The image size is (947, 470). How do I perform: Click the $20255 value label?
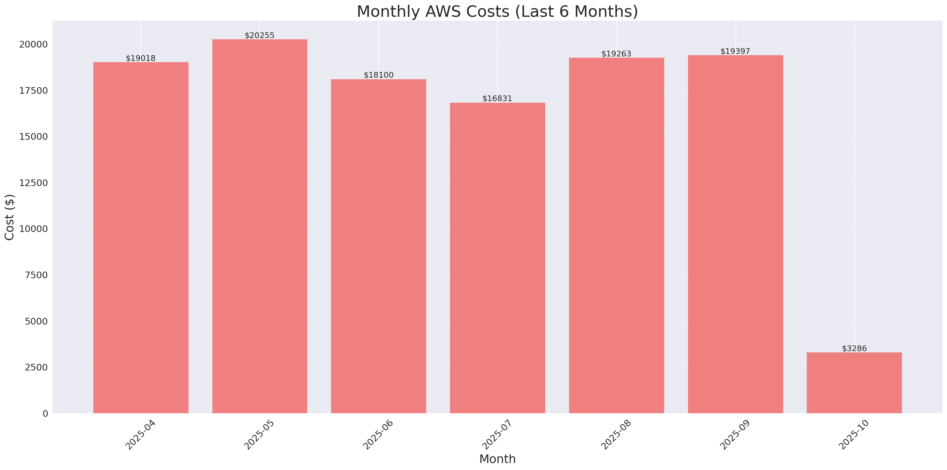(x=260, y=35)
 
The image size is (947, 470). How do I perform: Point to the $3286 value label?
(x=854, y=349)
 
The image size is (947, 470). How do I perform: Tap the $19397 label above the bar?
(x=735, y=51)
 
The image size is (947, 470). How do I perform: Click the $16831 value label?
(x=497, y=99)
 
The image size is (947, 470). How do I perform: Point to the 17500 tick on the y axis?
(x=33, y=91)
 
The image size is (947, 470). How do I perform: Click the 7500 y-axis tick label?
(x=36, y=275)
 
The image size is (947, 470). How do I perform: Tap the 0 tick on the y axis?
(x=45, y=414)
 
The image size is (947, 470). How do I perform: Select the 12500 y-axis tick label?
(x=33, y=183)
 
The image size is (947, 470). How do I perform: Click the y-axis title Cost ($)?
(x=10, y=217)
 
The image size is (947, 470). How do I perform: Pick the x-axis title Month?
(x=497, y=459)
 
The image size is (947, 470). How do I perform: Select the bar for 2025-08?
(x=616, y=235)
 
